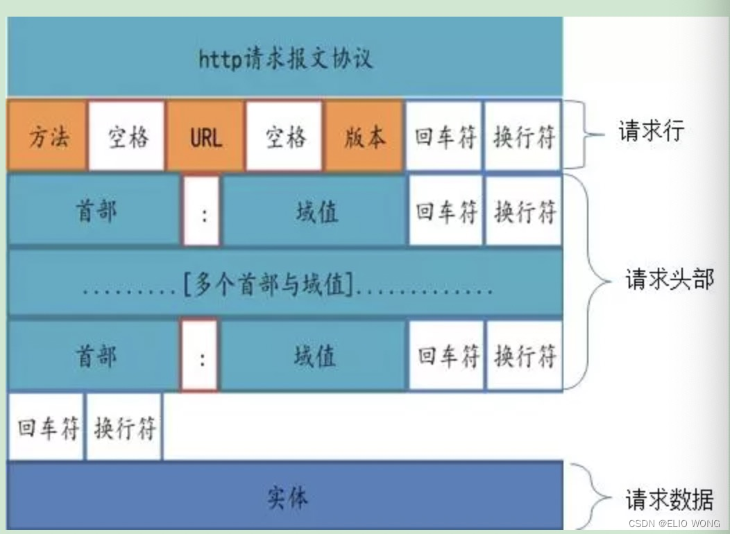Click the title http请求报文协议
coord(285,59)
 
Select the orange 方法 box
coord(48,136)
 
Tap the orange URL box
coord(206,136)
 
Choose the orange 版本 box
coord(364,136)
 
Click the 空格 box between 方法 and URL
coord(127,136)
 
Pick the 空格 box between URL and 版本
coord(285,136)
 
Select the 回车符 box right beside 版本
coord(445,136)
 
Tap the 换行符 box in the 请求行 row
coord(523,136)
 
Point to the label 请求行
coord(651,130)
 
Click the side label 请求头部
coord(669,279)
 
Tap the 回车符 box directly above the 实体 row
coord(46,427)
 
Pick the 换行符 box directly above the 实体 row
coord(124,427)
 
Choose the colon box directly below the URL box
coord(201,212)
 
